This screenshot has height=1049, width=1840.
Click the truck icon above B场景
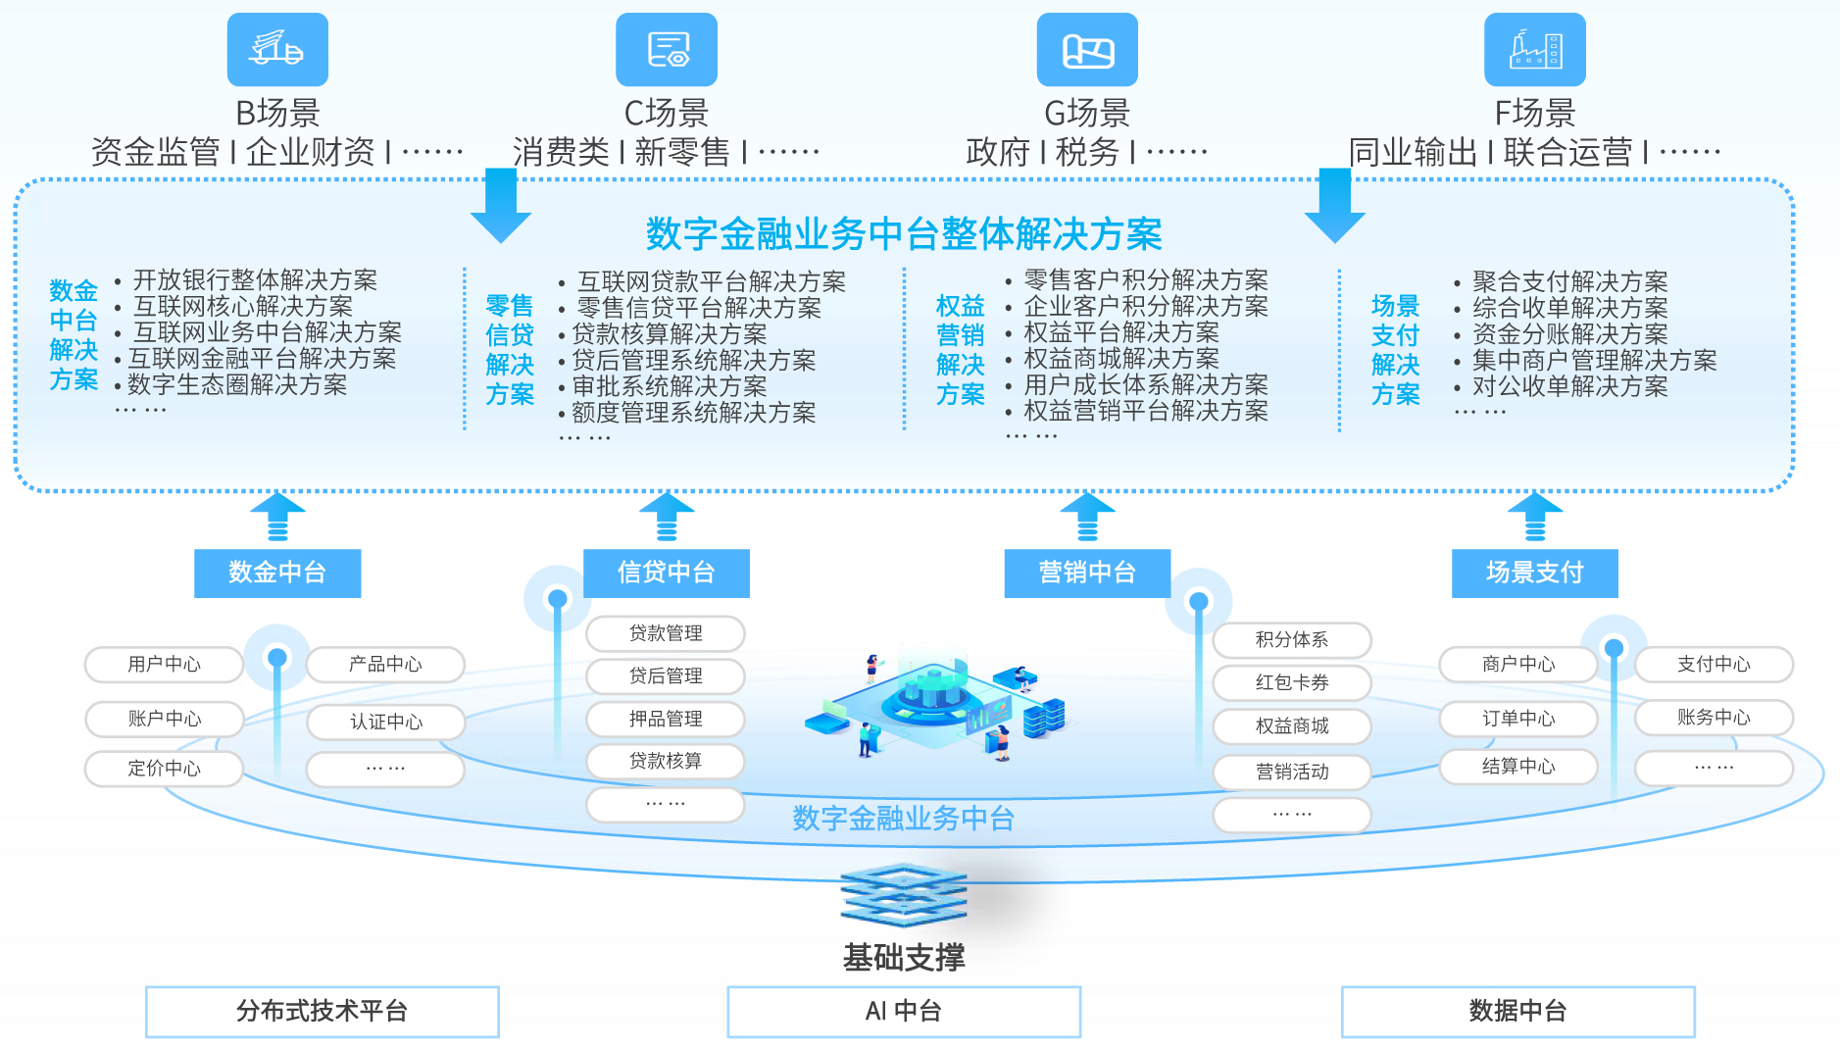(277, 49)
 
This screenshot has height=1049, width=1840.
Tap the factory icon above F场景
(1534, 49)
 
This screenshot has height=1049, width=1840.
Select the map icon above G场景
(1087, 49)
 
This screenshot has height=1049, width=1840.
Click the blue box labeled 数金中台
(277, 573)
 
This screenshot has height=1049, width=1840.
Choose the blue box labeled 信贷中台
(667, 573)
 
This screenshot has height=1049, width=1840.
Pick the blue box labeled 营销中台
(1087, 573)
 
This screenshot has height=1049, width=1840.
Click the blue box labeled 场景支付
(1534, 573)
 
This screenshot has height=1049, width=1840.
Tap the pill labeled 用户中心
(164, 665)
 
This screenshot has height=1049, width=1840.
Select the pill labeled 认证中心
(386, 723)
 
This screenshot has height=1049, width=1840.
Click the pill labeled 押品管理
(666, 719)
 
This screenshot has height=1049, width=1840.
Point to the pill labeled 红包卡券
(1292, 682)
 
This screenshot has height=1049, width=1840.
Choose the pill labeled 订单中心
(1517, 719)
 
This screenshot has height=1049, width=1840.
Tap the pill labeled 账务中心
(1714, 718)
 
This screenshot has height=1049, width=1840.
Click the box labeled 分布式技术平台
(323, 1012)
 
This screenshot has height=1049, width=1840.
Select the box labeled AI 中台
(904, 1012)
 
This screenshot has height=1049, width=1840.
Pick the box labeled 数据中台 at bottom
(1517, 1012)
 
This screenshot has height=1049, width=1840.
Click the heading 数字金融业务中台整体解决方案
(904, 234)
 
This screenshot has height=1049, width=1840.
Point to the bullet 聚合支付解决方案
(1569, 282)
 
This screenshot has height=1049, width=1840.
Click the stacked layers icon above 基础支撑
(904, 894)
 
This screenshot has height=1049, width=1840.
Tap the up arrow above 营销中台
(1087, 516)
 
